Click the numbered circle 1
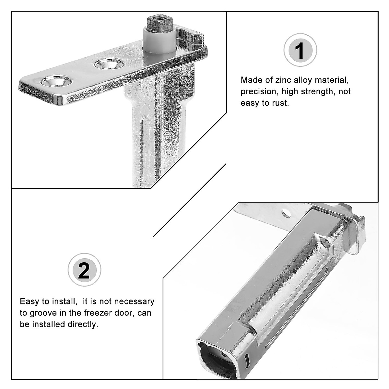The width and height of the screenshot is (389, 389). (x=300, y=50)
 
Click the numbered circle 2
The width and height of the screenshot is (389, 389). (x=84, y=270)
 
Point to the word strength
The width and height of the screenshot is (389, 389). (x=318, y=92)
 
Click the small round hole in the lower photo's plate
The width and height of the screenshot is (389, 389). (x=286, y=212)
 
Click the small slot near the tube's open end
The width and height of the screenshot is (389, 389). (x=247, y=358)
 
